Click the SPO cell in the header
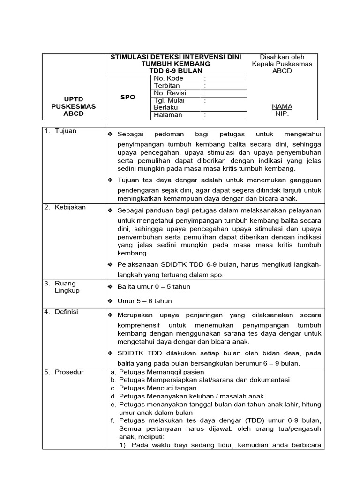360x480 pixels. tap(127, 97)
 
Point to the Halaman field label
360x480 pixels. tap(168, 115)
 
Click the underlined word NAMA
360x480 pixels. tap(282, 107)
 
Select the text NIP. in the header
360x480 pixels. tap(282, 114)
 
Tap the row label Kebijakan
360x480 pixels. tap(68, 207)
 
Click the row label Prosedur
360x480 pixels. tap(68, 372)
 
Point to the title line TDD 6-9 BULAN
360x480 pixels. tap(175, 70)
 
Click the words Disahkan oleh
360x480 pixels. tap(282, 57)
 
